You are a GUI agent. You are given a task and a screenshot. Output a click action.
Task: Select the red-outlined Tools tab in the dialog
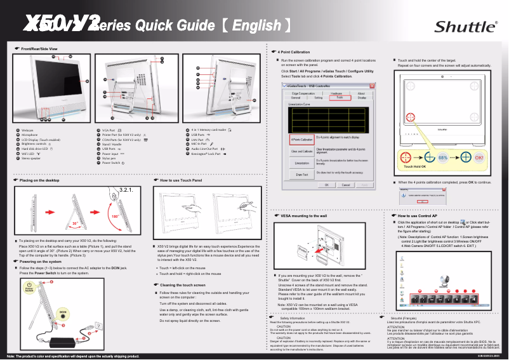click(x=340, y=98)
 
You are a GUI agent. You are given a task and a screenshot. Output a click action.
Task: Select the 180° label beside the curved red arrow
click(x=116, y=217)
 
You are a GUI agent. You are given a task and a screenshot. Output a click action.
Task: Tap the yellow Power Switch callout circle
click(x=29, y=288)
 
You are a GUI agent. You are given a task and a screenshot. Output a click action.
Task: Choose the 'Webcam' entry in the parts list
click(x=27, y=130)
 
